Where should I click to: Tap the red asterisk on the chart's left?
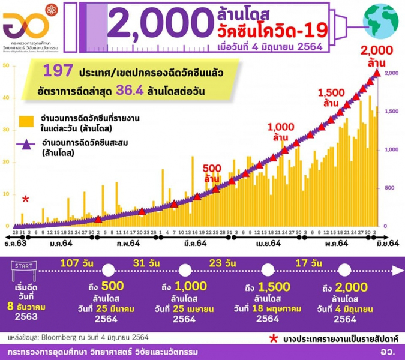pos(25,199)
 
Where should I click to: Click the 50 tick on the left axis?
pos(6,65)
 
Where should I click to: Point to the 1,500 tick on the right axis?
pos(391,112)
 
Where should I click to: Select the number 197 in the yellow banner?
pos(56,72)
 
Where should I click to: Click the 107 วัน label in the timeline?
pos(77,262)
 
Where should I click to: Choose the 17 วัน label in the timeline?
pos(311,262)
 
